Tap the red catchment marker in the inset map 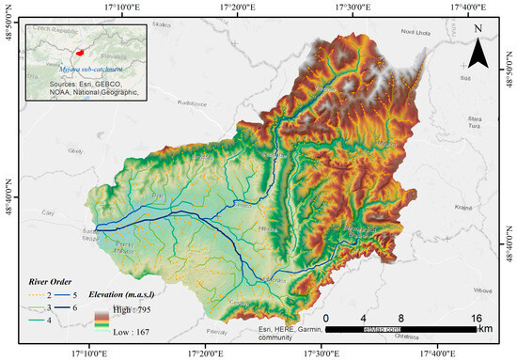coord(82,53)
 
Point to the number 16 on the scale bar coord(477,318)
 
